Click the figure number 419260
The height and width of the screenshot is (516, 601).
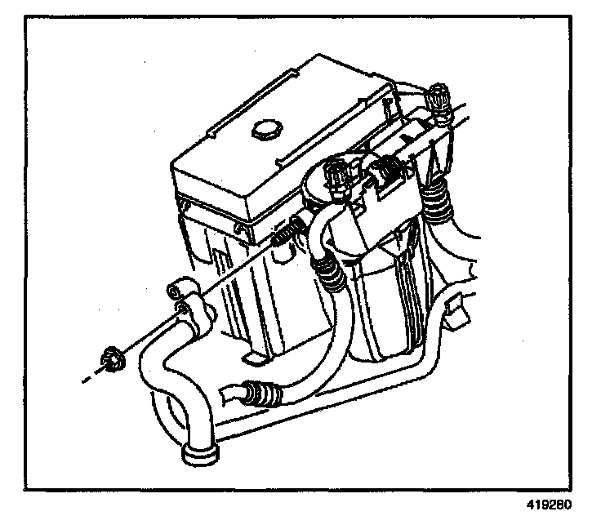[555, 505]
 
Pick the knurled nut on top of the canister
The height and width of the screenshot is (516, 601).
[336, 175]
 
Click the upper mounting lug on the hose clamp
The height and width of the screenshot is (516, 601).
[177, 291]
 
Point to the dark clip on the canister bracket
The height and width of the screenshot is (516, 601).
[385, 174]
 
